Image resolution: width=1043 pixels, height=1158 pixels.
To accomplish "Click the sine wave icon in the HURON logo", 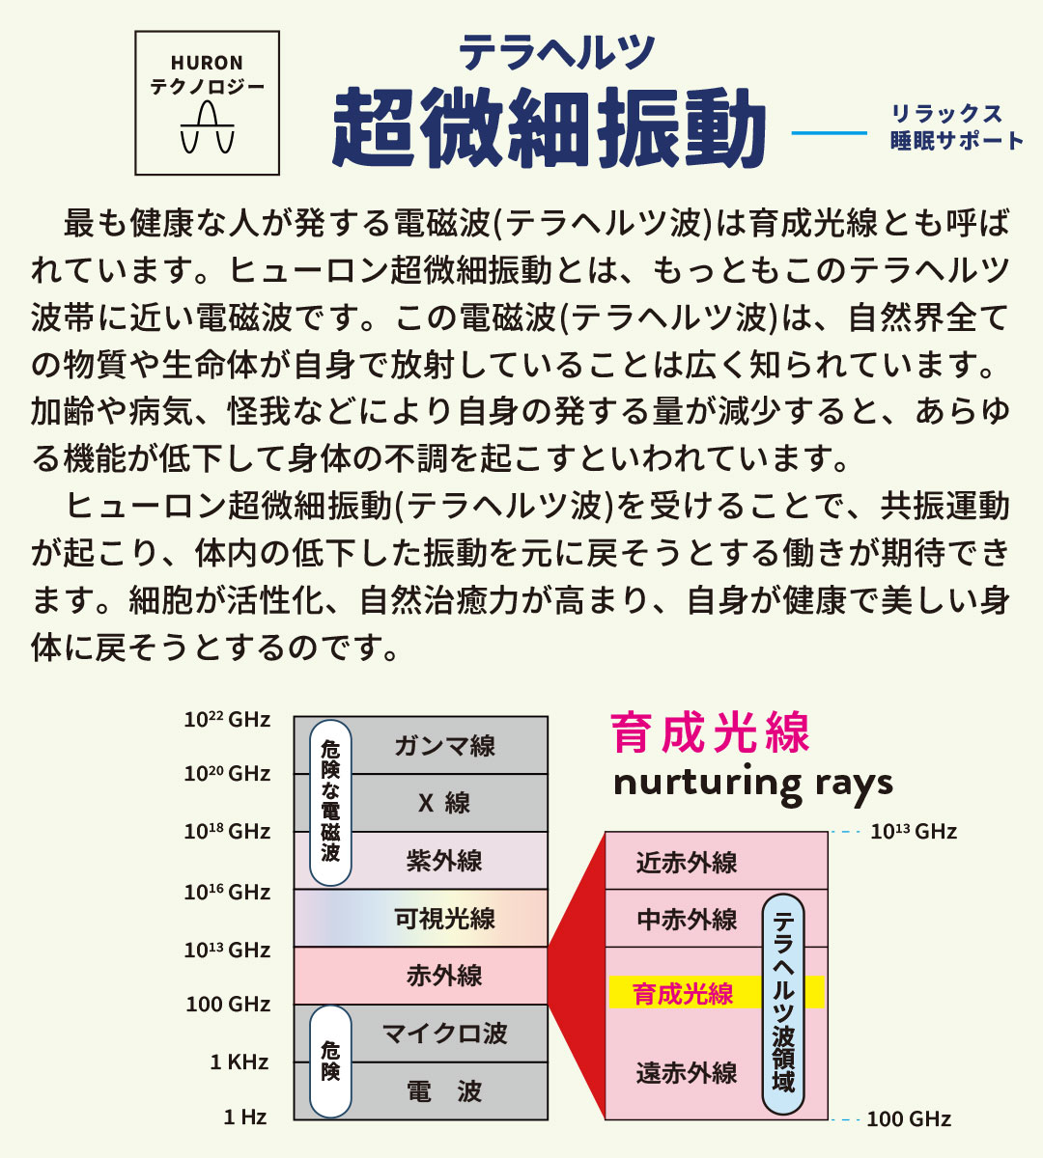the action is click(207, 127).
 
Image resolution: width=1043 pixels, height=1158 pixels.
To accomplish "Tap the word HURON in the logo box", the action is click(207, 63).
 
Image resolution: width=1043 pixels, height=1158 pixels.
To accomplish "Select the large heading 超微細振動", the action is click(550, 128).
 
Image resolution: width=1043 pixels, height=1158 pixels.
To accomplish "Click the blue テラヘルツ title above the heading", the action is click(556, 52).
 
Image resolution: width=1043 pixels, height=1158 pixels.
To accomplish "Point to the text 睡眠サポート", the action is click(957, 141).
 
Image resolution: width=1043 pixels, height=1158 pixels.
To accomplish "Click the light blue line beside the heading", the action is click(830, 133).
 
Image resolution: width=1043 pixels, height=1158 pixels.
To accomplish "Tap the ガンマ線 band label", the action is click(445, 746).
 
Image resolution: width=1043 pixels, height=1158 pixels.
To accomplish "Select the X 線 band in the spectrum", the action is click(444, 803).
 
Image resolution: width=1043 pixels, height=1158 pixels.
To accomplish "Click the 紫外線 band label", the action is click(444, 861).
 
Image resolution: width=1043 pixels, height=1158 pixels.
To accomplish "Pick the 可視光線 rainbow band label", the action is click(444, 919).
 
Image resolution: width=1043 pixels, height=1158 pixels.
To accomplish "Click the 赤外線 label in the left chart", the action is click(444, 977).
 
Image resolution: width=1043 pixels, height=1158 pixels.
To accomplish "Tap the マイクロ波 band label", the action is click(444, 1034).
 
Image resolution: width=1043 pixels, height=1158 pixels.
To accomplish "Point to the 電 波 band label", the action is click(444, 1091).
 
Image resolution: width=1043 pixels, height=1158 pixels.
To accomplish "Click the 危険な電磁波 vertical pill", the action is click(330, 803).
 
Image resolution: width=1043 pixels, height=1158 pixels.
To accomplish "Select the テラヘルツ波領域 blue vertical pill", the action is click(783, 1004).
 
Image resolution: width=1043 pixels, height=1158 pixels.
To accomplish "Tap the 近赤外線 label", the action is click(687, 863).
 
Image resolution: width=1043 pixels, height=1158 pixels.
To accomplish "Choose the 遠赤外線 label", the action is click(687, 1073).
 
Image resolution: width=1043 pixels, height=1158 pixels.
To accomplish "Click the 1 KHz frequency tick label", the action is click(240, 1062).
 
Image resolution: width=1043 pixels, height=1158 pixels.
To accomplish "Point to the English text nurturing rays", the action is click(753, 784).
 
